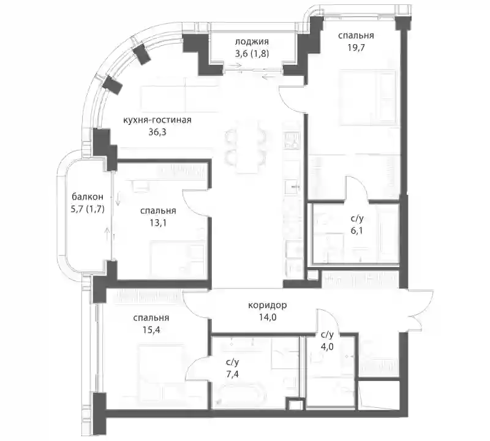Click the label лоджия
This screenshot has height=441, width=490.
(252, 42)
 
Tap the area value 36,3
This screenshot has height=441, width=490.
(157, 132)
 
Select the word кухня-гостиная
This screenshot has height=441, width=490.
(157, 120)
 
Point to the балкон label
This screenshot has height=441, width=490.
(87, 197)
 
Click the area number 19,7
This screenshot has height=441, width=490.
(356, 48)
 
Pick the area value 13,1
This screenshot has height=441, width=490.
(158, 223)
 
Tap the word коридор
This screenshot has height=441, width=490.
(268, 306)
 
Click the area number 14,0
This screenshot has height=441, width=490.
(268, 317)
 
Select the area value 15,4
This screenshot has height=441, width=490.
(151, 330)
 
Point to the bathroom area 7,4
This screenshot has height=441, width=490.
(232, 374)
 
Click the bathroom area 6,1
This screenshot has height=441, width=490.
(356, 231)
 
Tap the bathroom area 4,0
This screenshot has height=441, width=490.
(327, 347)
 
